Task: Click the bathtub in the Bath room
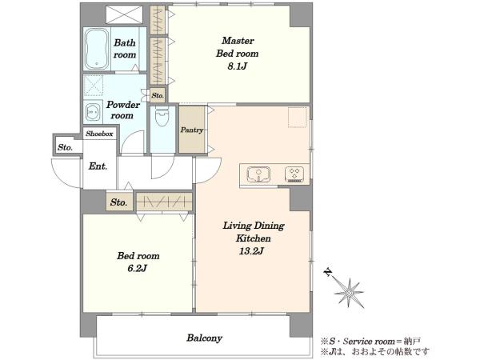pyautogui.click(x=97, y=49)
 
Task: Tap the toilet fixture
pyautogui.click(x=162, y=116)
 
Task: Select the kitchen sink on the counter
pyautogui.click(x=258, y=174)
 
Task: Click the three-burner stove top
pyautogui.click(x=294, y=174)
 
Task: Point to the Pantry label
pyautogui.click(x=192, y=130)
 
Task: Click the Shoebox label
pyautogui.click(x=99, y=134)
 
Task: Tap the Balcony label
pyautogui.click(x=205, y=338)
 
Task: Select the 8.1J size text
pyautogui.click(x=238, y=66)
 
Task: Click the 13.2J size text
pyautogui.click(x=252, y=251)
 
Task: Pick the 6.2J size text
pyautogui.click(x=138, y=269)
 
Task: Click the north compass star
pyautogui.click(x=349, y=293)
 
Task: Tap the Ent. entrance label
pyautogui.click(x=98, y=166)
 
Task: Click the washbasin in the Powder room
pyautogui.click(x=93, y=113)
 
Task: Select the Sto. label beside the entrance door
pyautogui.click(x=66, y=147)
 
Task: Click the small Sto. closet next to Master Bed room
pyautogui.click(x=158, y=95)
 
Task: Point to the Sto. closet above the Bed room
pyautogui.click(x=119, y=202)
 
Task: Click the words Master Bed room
pyautogui.click(x=238, y=47)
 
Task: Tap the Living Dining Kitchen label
pyautogui.click(x=253, y=232)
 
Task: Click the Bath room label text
pyautogui.click(x=125, y=48)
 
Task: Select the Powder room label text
pyautogui.click(x=122, y=110)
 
